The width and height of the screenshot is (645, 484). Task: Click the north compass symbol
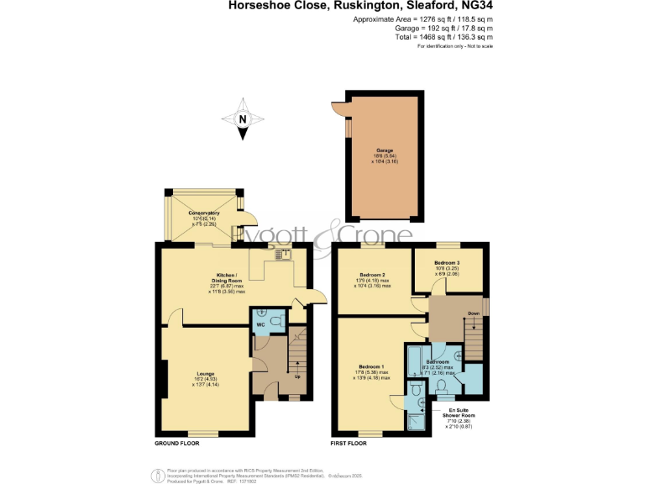pyautogui.click(x=242, y=118)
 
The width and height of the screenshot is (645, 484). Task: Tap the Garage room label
pyautogui.click(x=384, y=150)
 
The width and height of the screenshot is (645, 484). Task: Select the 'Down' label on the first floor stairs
pyautogui.click(x=473, y=313)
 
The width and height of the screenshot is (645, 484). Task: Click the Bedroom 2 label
pyautogui.click(x=372, y=275)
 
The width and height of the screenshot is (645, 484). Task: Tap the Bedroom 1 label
pyautogui.click(x=370, y=366)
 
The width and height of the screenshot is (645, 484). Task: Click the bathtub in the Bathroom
pyautogui.click(x=412, y=362)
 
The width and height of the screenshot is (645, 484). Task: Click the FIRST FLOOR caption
pyautogui.click(x=353, y=442)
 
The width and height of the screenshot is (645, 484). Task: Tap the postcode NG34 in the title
pyautogui.click(x=477, y=5)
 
